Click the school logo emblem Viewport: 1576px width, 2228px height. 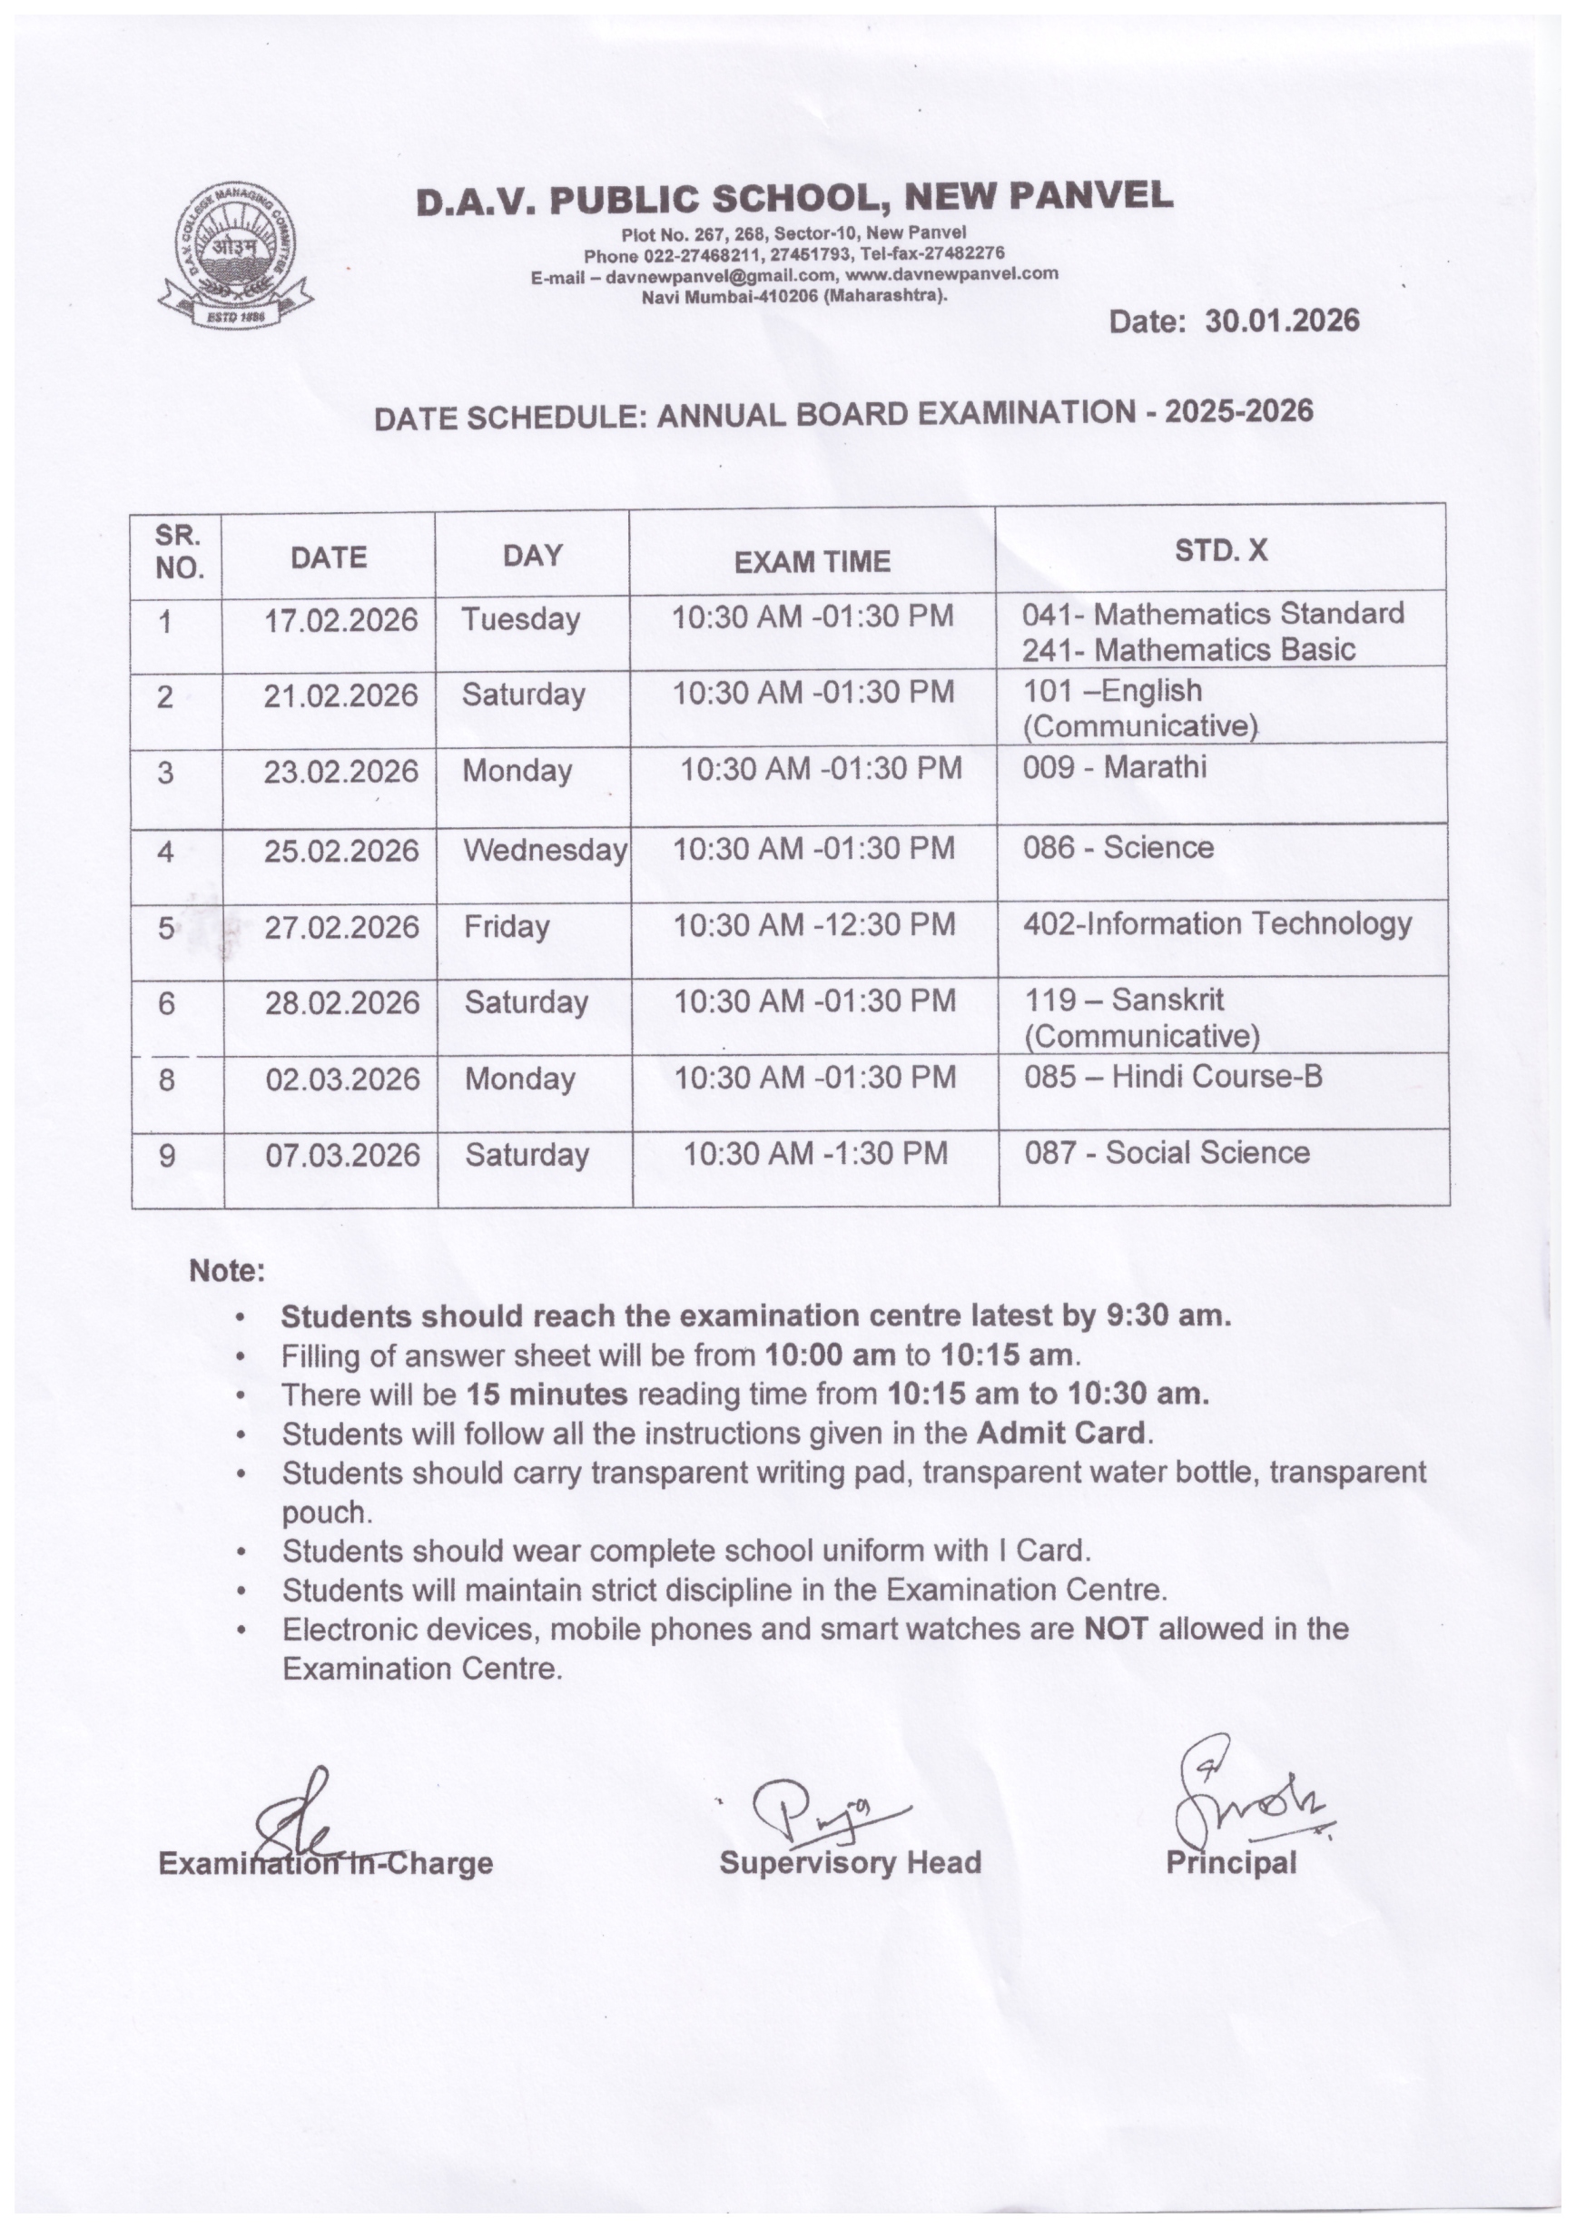click(237, 256)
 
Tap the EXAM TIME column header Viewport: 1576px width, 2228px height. click(813, 561)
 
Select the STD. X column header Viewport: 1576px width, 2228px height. click(1221, 551)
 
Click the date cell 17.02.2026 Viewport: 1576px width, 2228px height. click(340, 620)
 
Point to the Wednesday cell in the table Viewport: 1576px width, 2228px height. click(545, 851)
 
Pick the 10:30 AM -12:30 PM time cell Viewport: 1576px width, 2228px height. click(814, 925)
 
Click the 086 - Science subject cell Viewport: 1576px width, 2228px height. click(1118, 848)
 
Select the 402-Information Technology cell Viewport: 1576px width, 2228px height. click(1216, 924)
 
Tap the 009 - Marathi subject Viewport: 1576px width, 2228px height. click(1114, 767)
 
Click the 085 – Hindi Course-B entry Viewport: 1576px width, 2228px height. click(1172, 1076)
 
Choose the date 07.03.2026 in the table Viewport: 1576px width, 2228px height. click(342, 1156)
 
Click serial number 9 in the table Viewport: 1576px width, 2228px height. click(167, 1156)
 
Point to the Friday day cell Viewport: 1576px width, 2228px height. click(507, 927)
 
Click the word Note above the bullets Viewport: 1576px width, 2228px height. click(226, 1271)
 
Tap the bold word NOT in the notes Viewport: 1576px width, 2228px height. click(1115, 1630)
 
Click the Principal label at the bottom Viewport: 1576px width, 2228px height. click(1230, 1863)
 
